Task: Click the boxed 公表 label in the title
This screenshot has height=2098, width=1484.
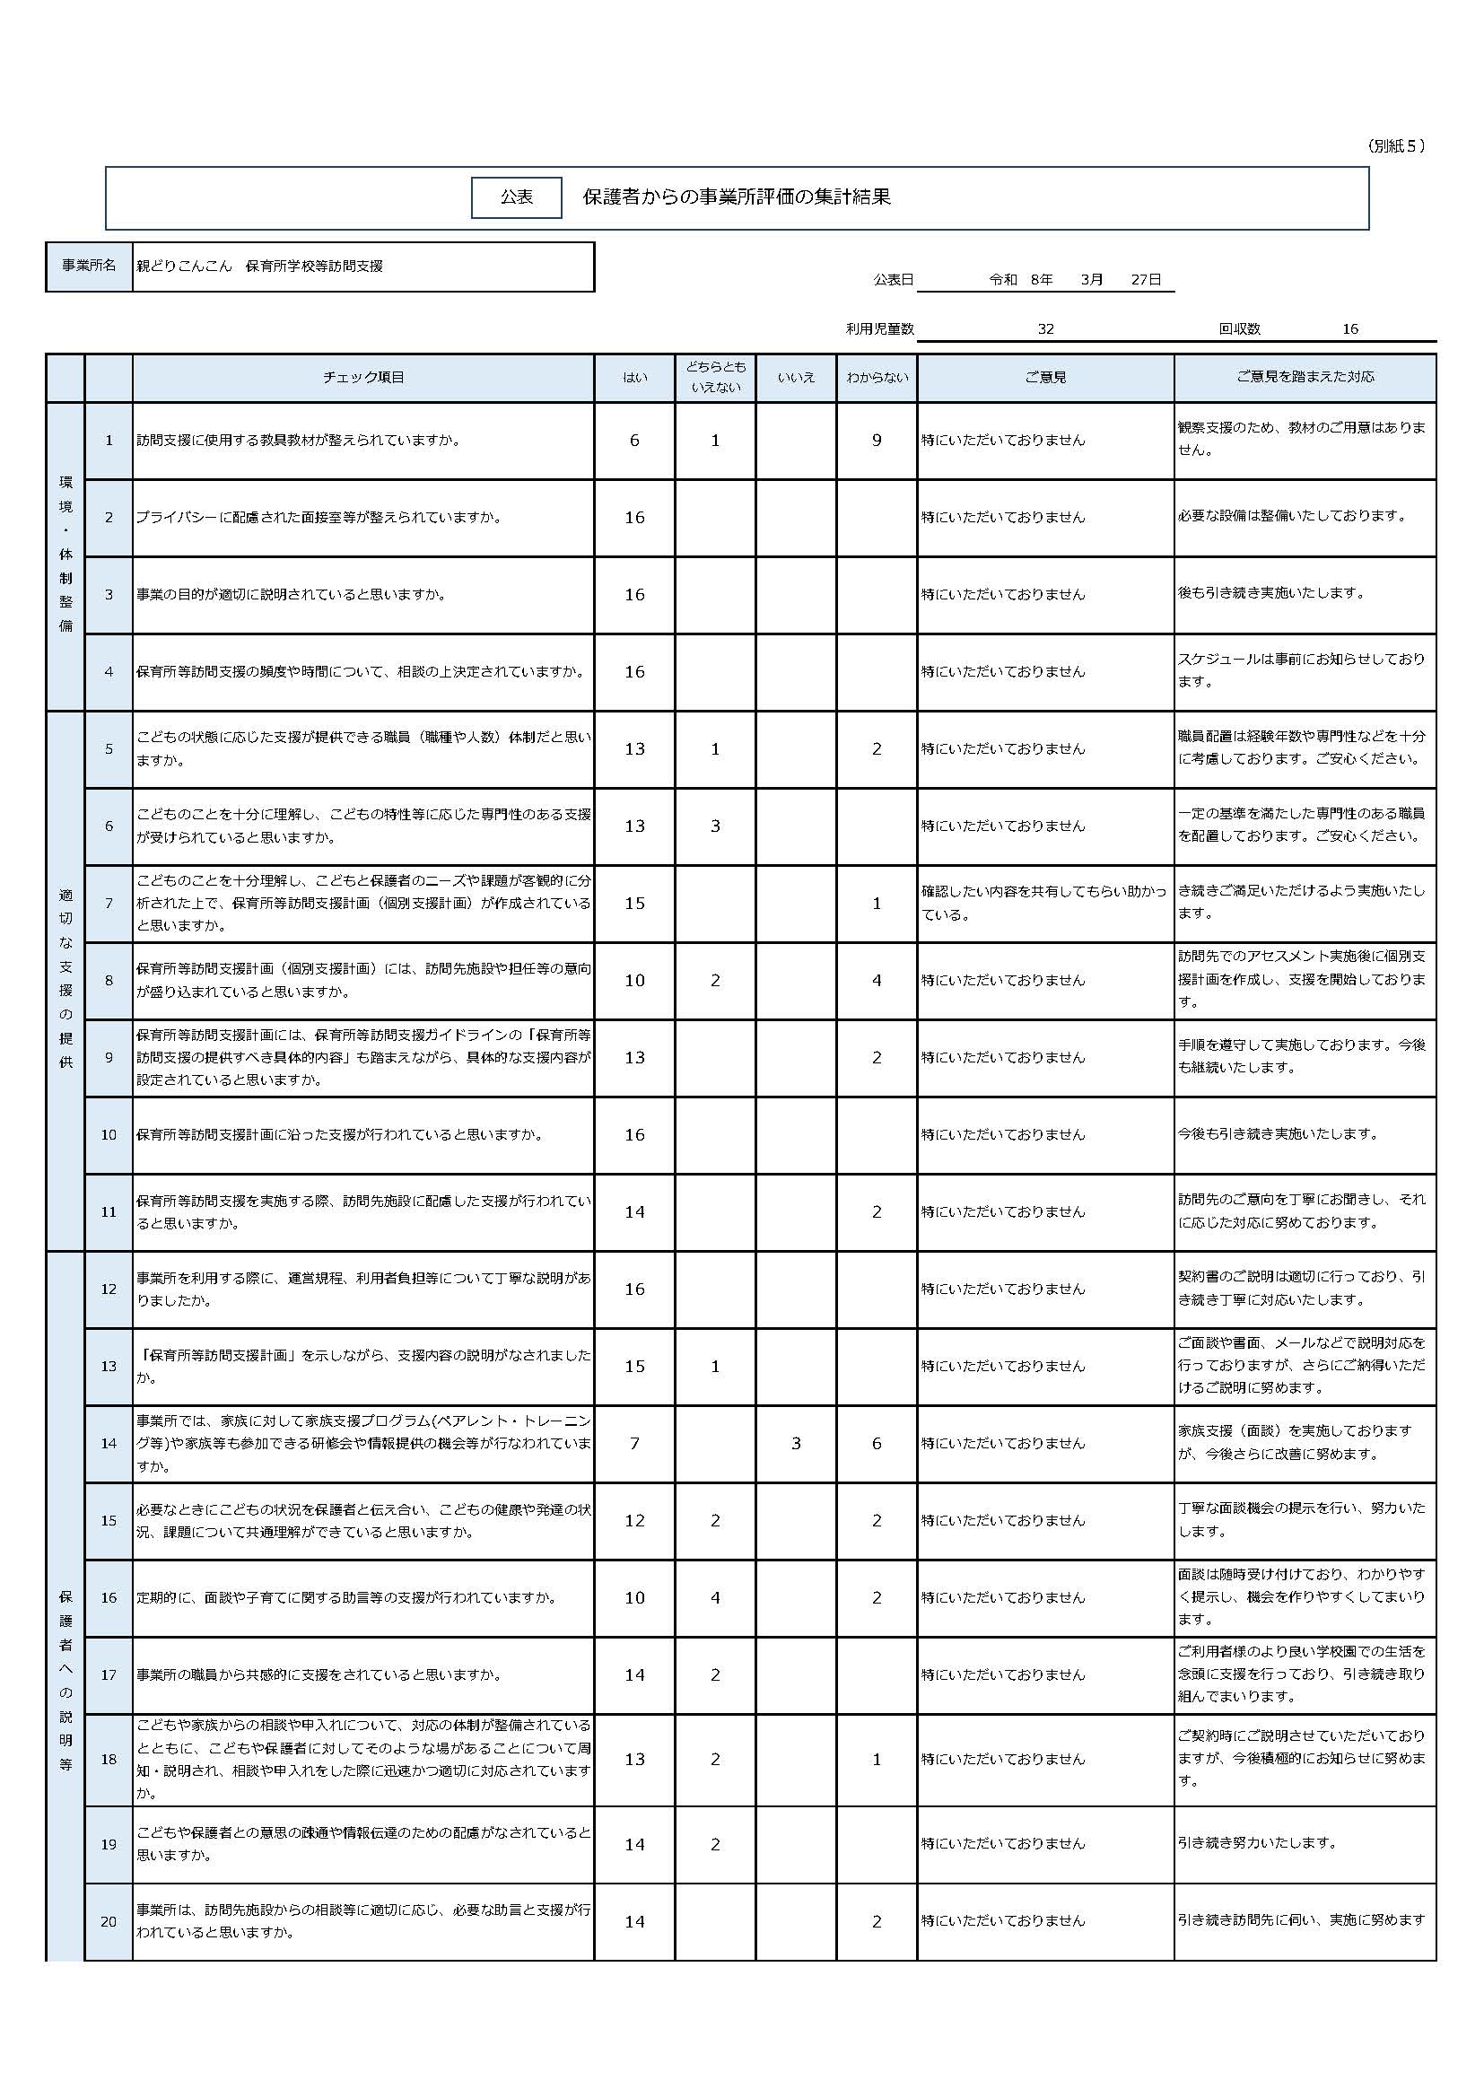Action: tap(516, 197)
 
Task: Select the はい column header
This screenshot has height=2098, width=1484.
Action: tap(634, 378)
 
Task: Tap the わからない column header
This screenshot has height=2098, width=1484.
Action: tap(877, 378)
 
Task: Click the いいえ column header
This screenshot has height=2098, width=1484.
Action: tap(796, 378)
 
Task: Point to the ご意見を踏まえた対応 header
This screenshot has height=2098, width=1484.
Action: tap(1304, 378)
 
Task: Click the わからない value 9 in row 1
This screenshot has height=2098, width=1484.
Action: tap(877, 441)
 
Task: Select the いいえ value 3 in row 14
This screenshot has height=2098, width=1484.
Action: tap(796, 1443)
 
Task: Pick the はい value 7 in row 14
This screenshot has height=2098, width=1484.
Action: tap(634, 1443)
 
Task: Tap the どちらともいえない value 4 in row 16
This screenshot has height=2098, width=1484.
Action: tap(715, 1597)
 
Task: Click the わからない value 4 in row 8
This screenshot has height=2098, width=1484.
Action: tap(877, 981)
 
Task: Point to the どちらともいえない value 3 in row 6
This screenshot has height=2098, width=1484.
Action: tap(715, 826)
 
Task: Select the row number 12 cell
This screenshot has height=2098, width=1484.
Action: tap(109, 1289)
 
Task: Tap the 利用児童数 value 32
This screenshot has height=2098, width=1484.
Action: tap(1045, 329)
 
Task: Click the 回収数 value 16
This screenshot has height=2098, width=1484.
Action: tap(1349, 329)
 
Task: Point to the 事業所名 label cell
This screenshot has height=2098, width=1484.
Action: tap(89, 266)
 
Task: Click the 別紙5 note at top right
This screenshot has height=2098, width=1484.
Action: tap(1395, 146)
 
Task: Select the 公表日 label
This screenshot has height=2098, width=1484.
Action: tap(893, 280)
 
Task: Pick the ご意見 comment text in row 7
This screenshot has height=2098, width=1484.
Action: tap(1043, 902)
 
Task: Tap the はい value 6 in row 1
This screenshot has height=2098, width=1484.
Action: tap(634, 441)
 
